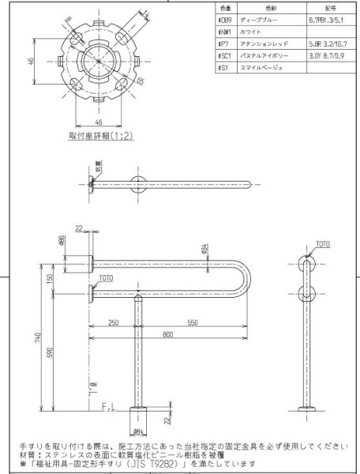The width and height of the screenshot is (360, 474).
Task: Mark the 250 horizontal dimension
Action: click(x=114, y=323)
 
